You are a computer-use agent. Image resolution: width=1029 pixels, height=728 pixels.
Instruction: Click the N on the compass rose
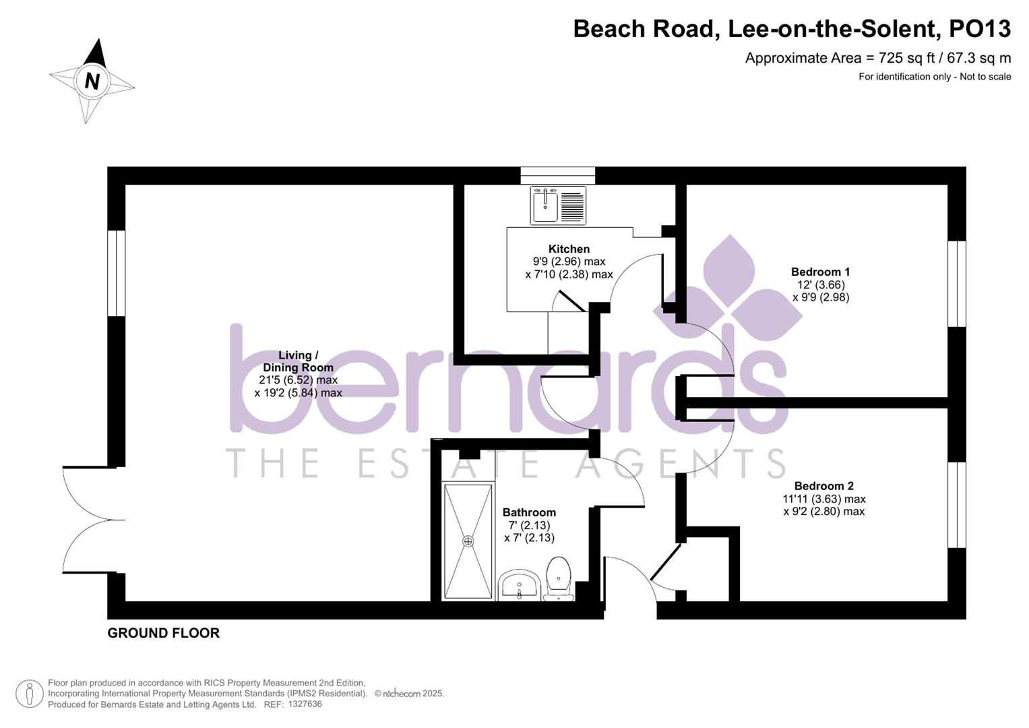click(x=92, y=81)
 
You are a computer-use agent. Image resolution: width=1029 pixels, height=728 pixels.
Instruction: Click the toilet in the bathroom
click(x=559, y=578)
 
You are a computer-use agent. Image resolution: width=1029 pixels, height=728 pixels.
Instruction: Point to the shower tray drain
click(x=468, y=541)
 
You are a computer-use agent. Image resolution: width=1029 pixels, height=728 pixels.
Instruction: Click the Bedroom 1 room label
click(x=820, y=272)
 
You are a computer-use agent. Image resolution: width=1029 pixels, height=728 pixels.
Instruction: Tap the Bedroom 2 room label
click(x=823, y=486)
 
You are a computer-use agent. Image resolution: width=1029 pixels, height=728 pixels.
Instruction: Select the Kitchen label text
click(x=569, y=249)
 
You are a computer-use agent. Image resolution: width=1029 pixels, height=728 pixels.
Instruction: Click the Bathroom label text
click(x=529, y=512)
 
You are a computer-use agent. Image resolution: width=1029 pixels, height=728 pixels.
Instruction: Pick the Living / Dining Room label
click(x=298, y=361)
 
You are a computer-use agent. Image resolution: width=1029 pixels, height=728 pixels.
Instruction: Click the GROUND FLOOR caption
click(x=164, y=633)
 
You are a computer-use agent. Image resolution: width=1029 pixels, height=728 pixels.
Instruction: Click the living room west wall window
click(x=117, y=273)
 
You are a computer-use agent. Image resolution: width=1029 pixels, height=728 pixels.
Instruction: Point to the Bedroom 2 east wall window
click(x=957, y=504)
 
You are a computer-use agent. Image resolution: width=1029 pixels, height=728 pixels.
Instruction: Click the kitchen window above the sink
click(x=558, y=175)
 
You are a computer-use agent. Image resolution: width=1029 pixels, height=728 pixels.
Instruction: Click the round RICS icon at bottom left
click(x=29, y=693)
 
